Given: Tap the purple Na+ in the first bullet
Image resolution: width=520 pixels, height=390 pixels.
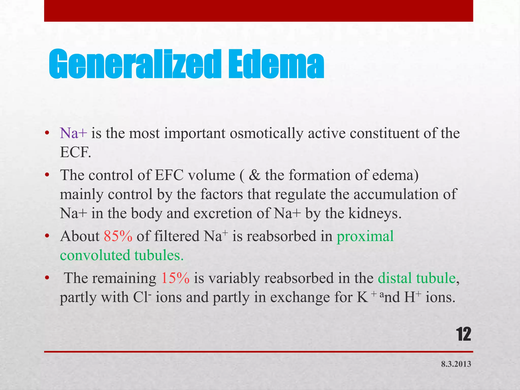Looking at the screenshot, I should click(74, 133).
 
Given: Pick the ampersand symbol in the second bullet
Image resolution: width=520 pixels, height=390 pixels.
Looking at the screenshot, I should click(255, 175).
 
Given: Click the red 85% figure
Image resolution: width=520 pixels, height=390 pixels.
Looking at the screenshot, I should click(118, 236).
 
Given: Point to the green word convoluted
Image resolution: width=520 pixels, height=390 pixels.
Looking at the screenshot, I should click(95, 255).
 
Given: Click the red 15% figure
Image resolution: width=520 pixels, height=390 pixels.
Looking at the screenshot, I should click(175, 278).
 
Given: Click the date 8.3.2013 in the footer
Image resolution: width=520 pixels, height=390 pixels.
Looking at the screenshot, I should click(456, 364).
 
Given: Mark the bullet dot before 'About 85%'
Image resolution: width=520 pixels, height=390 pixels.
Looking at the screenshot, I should click(47, 236).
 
